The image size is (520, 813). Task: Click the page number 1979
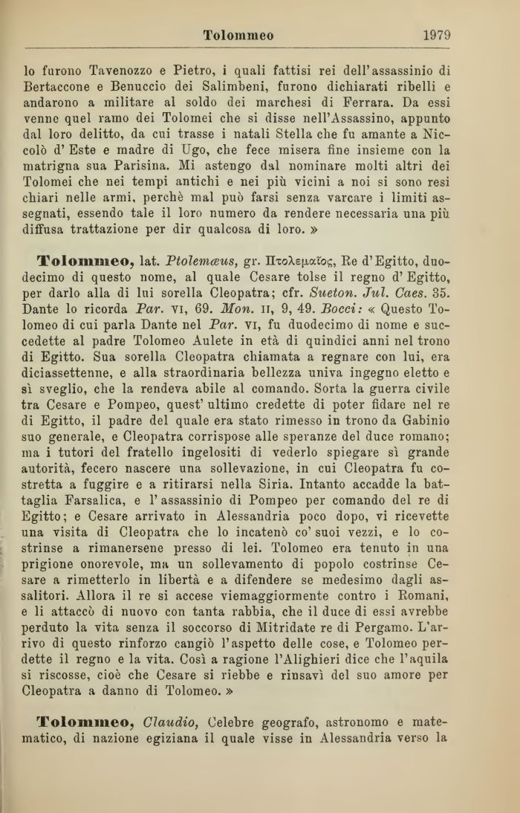click(437, 35)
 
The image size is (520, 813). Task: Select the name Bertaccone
click(59, 91)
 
